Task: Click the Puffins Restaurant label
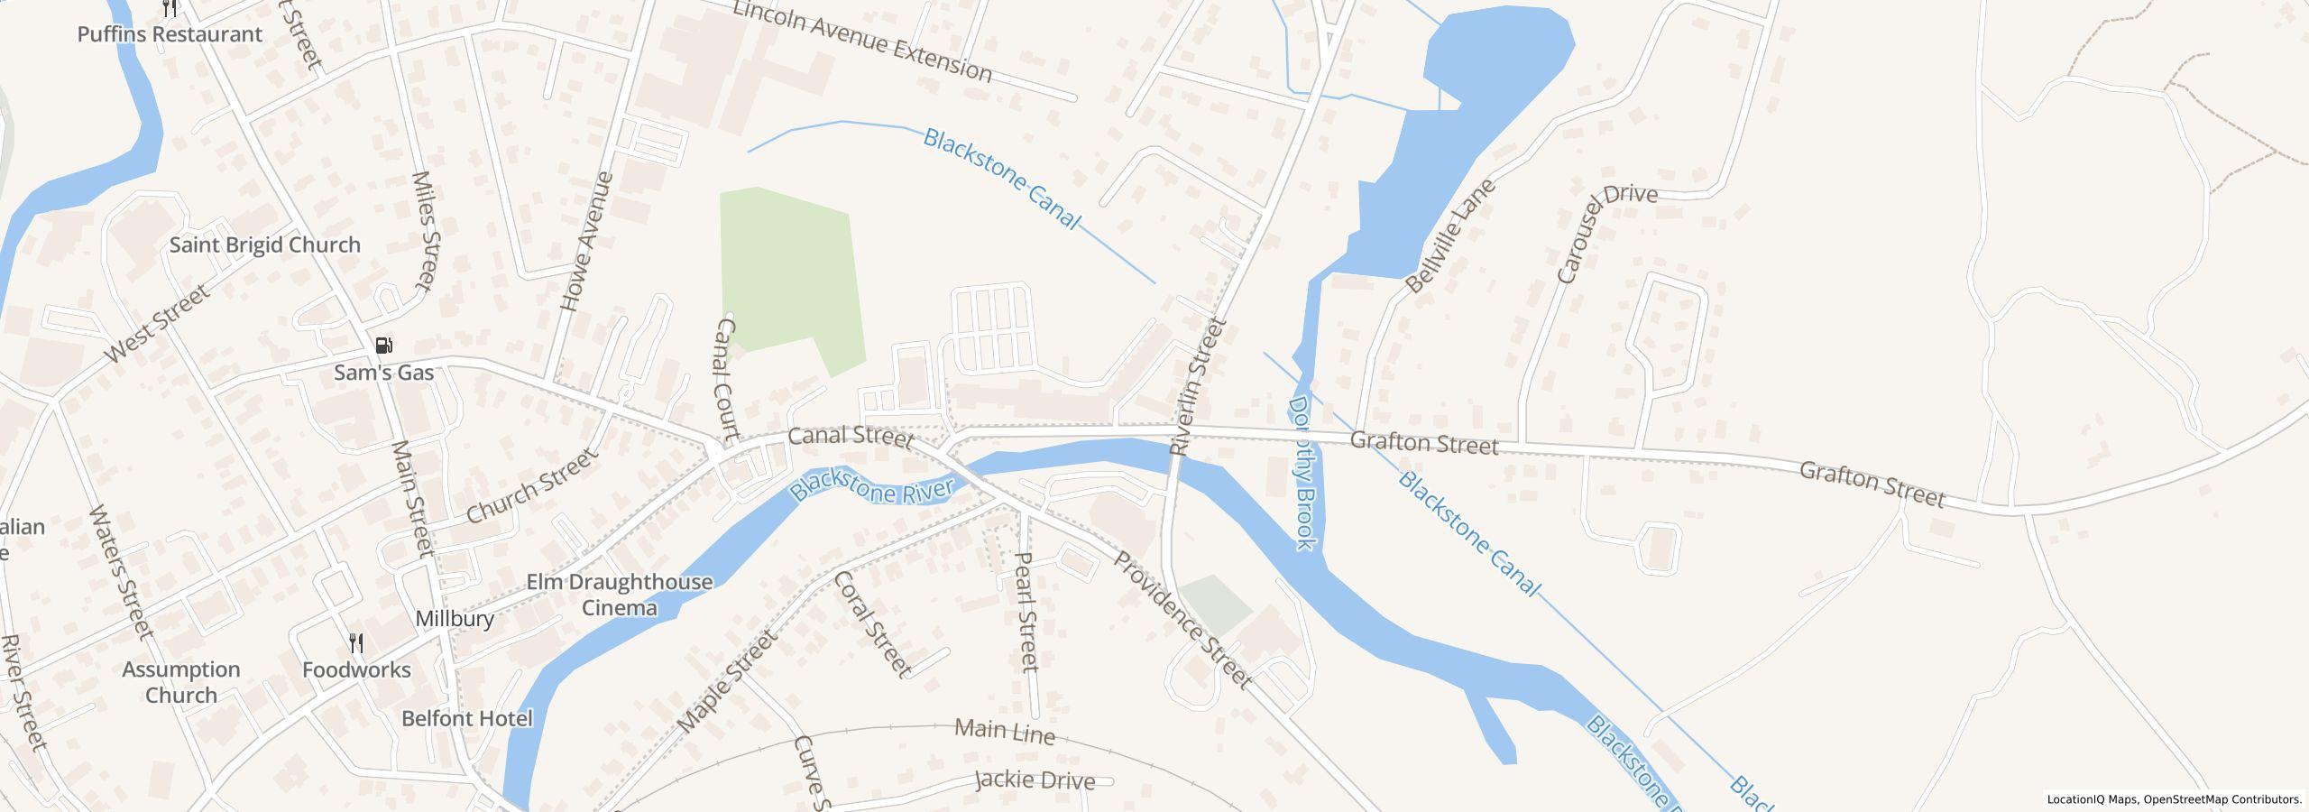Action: click(170, 34)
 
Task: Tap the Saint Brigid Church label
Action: click(265, 245)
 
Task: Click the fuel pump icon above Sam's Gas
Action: click(384, 346)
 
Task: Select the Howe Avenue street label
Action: click(587, 242)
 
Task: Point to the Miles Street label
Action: click(424, 231)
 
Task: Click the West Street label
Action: click(157, 323)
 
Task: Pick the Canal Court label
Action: click(727, 376)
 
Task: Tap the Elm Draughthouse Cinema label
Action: click(619, 595)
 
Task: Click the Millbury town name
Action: click(455, 619)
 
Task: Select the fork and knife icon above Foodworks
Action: click(357, 643)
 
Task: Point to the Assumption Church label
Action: click(181, 682)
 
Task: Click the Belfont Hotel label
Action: click(467, 719)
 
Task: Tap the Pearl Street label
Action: click(1026, 612)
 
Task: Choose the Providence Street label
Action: click(1183, 620)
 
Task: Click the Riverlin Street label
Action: click(1198, 385)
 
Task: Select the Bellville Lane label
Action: click(1450, 236)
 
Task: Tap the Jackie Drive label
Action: click(1035, 780)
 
